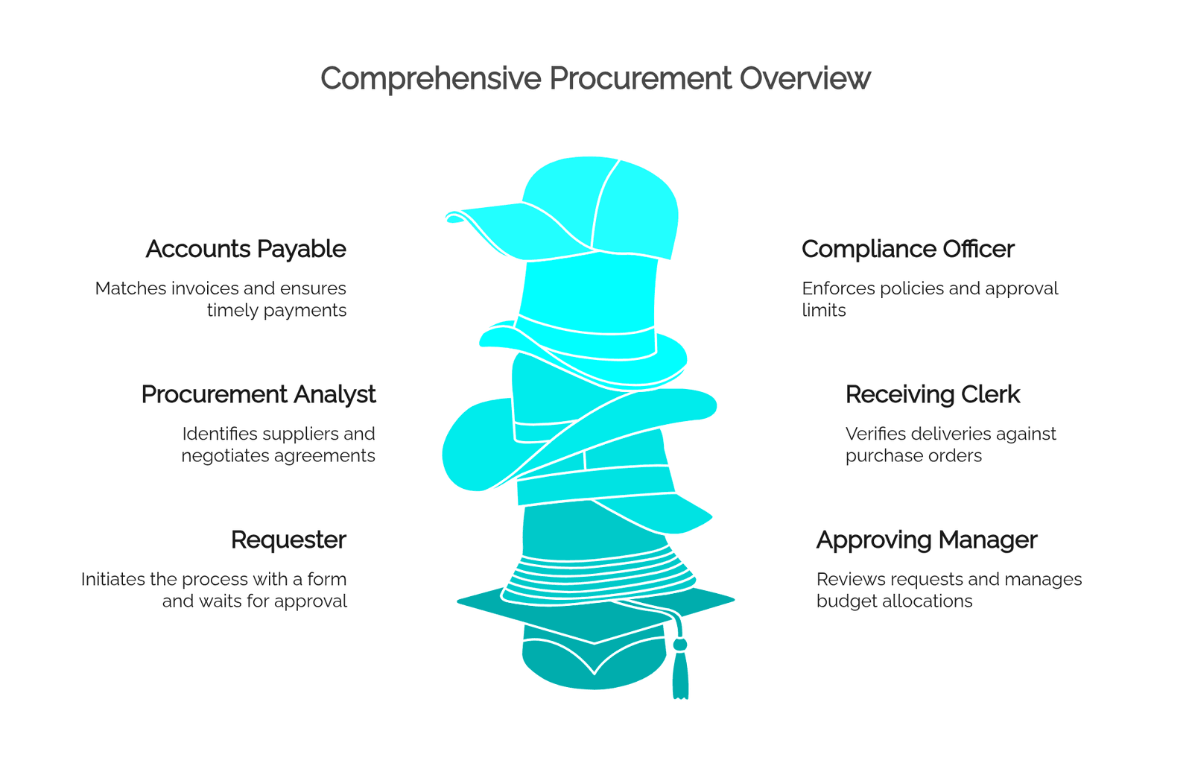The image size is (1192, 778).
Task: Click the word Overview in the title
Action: click(805, 78)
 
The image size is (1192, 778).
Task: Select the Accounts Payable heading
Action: click(246, 250)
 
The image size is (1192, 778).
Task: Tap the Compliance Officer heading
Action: click(908, 249)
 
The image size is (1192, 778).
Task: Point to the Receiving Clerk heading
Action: click(932, 395)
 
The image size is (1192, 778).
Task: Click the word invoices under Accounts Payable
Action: click(204, 288)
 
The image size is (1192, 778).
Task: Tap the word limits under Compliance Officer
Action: click(824, 310)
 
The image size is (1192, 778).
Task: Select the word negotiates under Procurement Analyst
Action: click(228, 456)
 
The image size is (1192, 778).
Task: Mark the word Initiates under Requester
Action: click(112, 579)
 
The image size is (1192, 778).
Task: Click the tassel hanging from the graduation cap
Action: click(679, 668)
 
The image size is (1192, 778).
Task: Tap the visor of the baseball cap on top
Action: click(511, 230)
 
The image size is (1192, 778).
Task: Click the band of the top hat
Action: click(586, 338)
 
